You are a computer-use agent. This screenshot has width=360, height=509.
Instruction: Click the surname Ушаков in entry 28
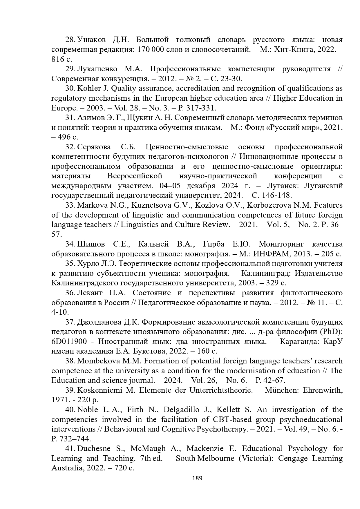pos(91,40)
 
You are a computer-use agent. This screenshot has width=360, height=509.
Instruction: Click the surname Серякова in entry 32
pos(95,147)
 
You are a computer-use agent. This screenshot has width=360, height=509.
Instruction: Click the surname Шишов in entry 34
pos(91,244)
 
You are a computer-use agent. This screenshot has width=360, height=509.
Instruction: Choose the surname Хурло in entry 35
pos(88,264)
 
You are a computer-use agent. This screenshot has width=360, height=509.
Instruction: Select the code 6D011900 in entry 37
pos(69,342)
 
